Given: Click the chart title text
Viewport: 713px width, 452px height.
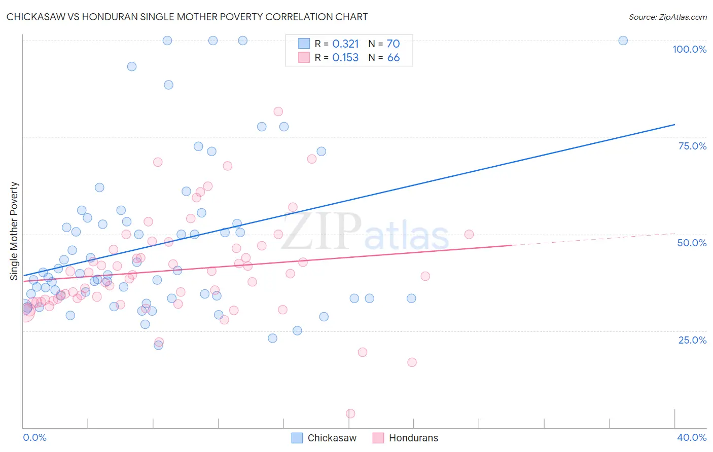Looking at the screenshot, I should (187, 17).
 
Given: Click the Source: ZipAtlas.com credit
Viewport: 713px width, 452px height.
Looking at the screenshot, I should (667, 17).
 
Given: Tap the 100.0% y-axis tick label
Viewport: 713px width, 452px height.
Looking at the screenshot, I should (689, 49).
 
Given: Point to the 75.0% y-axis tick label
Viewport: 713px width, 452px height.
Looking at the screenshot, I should (692, 146).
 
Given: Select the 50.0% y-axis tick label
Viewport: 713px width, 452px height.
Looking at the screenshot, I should (692, 243).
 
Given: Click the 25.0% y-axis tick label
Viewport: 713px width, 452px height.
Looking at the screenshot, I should (692, 340).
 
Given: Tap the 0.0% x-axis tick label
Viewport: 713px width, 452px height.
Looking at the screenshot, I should (35, 437).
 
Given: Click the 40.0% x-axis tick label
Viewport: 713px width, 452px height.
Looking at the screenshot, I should (691, 437).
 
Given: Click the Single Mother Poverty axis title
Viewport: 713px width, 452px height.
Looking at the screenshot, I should (14, 231).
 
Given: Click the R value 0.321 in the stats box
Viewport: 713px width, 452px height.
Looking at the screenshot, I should (345, 44).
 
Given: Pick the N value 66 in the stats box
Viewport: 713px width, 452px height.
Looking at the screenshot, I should (394, 58).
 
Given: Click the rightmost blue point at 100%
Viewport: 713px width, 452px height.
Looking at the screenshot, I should (623, 41).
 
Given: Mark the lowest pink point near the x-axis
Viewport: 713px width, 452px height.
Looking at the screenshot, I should (350, 413).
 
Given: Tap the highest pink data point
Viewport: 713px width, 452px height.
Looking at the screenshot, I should (278, 111).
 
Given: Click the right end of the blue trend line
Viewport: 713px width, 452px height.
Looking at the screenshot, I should (674, 124).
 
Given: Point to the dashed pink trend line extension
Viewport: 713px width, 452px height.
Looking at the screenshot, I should (593, 239).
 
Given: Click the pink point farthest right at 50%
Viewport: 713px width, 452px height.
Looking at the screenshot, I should (469, 234).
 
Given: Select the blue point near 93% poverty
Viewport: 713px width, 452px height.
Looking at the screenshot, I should (132, 66).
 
